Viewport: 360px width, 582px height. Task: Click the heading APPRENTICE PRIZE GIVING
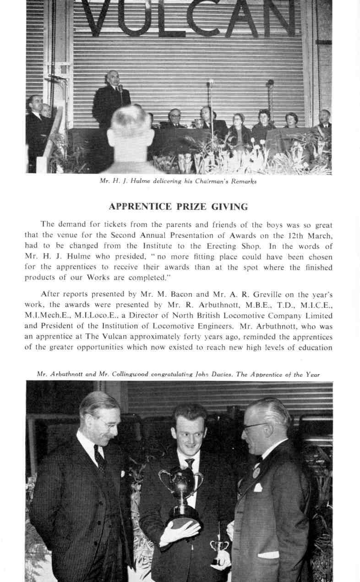click(x=179, y=207)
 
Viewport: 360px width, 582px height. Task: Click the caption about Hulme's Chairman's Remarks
click(x=179, y=181)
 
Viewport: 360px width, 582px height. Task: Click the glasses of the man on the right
click(x=254, y=426)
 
